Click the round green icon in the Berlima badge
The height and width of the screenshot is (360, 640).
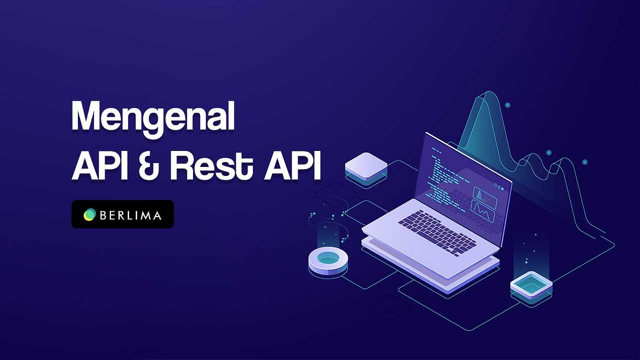coord(89,214)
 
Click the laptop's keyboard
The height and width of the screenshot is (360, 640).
coord(437,233)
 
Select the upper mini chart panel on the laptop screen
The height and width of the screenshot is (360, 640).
coord(484,197)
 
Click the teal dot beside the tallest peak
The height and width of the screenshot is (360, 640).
coord(507,106)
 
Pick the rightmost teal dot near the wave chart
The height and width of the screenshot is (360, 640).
coord(585,162)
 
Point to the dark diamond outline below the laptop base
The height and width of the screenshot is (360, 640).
coord(389,307)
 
